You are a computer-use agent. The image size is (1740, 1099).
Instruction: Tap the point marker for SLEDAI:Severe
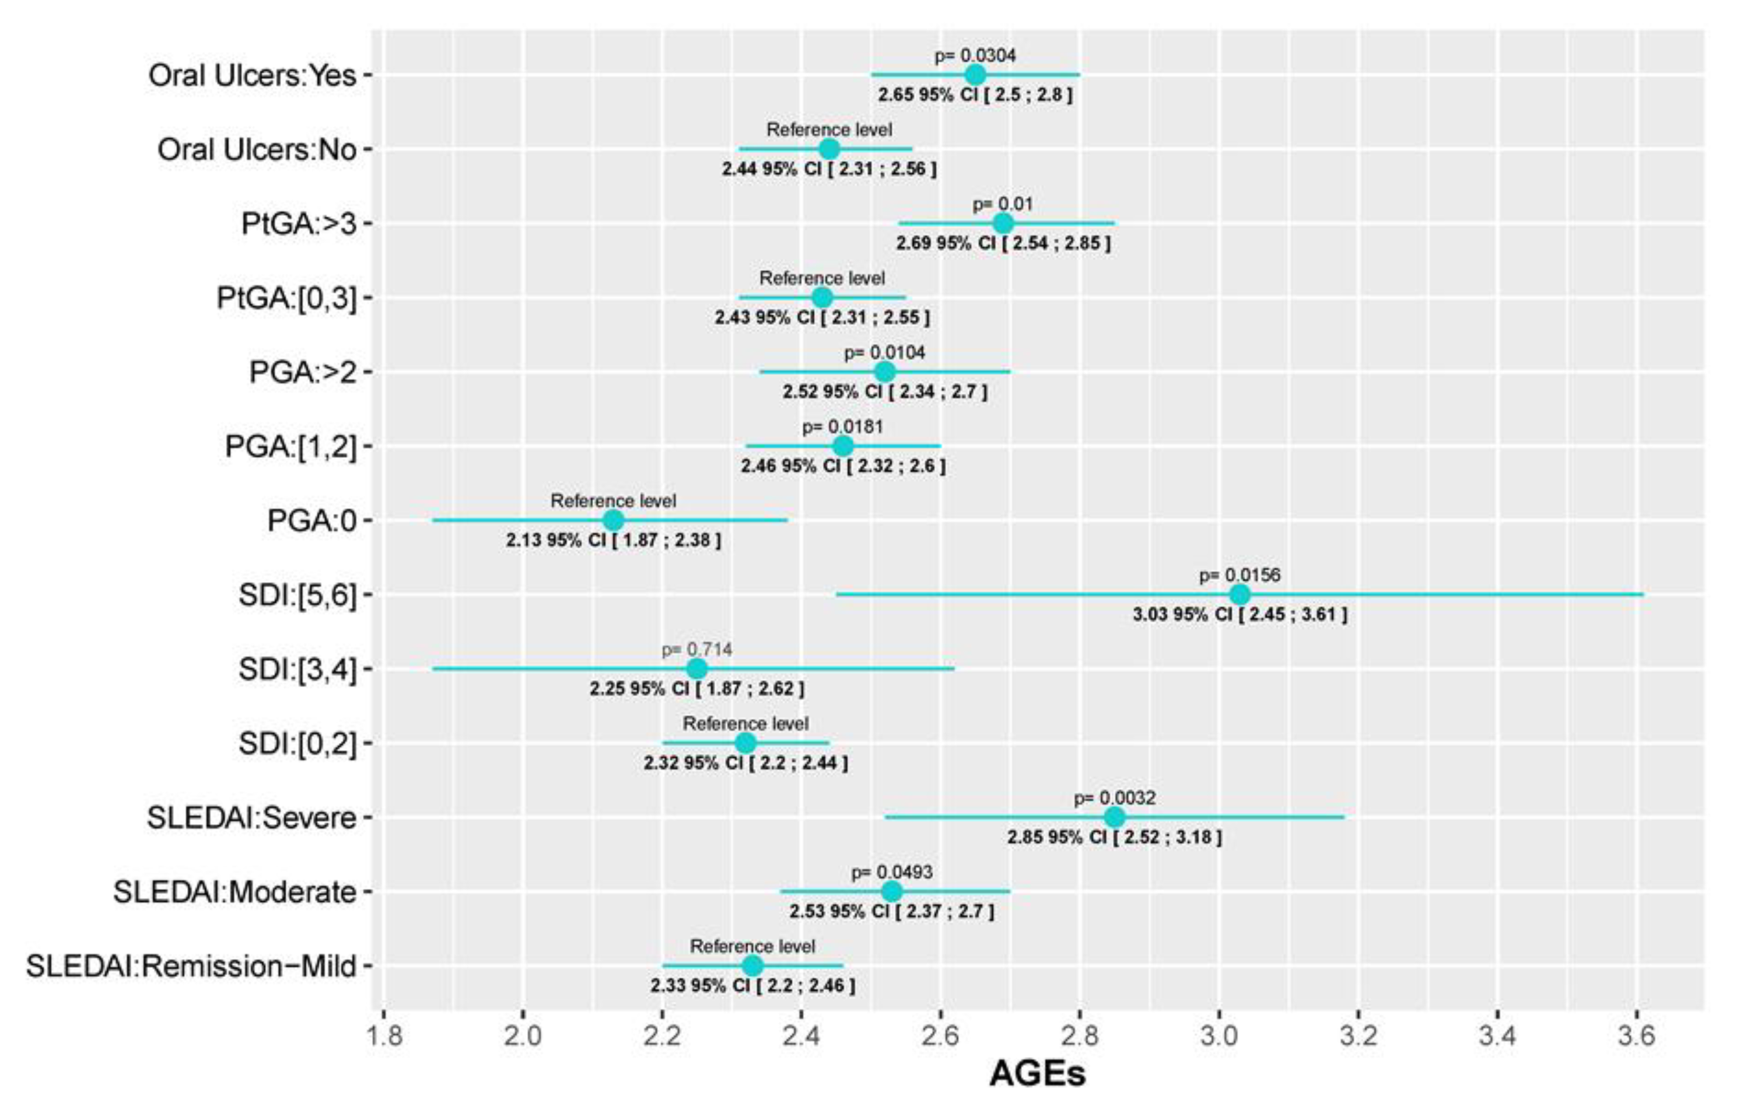point(1114,817)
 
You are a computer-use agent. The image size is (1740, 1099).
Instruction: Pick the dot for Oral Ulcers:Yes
point(975,75)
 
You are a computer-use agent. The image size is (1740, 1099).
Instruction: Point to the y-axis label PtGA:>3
point(299,224)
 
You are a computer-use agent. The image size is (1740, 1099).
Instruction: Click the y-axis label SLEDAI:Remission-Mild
point(191,966)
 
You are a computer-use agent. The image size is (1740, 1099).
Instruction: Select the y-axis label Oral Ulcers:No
point(257,149)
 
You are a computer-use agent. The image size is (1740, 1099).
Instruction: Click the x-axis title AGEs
point(1037,1073)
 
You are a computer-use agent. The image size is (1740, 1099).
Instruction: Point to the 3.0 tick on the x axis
point(1219,1036)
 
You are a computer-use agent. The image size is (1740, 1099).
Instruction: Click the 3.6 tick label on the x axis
point(1637,1036)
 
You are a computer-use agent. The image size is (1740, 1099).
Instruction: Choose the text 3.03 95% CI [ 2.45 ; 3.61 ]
point(1240,614)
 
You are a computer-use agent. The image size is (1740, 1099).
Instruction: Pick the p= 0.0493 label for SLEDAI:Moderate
point(892,872)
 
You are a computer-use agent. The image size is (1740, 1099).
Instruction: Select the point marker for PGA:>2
point(884,372)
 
